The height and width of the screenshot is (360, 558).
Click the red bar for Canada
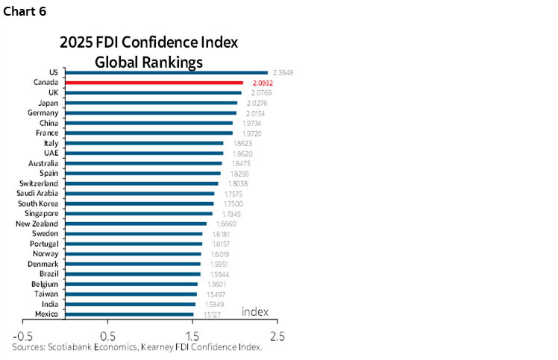pyautogui.click(x=154, y=82)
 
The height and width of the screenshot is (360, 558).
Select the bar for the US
pyautogui.click(x=166, y=72)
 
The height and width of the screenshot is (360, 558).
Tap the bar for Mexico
pyautogui.click(x=129, y=315)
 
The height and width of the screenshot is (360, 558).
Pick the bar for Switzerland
pyautogui.click(x=142, y=183)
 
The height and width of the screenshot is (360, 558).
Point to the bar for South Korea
pyautogui.click(x=139, y=203)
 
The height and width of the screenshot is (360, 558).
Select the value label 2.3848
pyautogui.click(x=284, y=72)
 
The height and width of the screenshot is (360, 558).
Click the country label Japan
pyautogui.click(x=50, y=102)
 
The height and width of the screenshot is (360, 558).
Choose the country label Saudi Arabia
pyautogui.click(x=39, y=193)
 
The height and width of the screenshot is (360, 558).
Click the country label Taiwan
pyautogui.click(x=47, y=294)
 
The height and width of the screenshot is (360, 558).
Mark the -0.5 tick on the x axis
pyautogui.click(x=23, y=335)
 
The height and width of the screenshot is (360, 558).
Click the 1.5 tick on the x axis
pyautogui.click(x=192, y=335)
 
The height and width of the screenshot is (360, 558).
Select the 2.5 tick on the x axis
pyautogui.click(x=277, y=335)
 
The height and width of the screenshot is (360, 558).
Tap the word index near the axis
pyautogui.click(x=254, y=311)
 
